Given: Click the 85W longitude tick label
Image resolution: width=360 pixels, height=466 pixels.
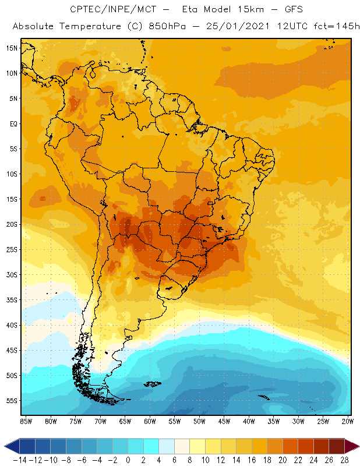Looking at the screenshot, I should click(x=26, y=421).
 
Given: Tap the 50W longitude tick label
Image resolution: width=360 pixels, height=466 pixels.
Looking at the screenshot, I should click(x=200, y=421).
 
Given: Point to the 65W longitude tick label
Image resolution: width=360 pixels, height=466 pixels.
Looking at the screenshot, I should click(x=125, y=421).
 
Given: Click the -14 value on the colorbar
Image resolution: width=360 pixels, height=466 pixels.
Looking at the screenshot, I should click(x=19, y=460).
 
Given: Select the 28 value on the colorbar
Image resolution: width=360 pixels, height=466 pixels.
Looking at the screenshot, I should click(x=344, y=460).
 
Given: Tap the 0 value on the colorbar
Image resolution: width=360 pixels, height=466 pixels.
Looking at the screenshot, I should click(x=128, y=460).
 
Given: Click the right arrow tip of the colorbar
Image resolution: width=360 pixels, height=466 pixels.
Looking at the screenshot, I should click(x=356, y=446).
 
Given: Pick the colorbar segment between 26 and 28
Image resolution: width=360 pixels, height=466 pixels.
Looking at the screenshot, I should click(x=337, y=446).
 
